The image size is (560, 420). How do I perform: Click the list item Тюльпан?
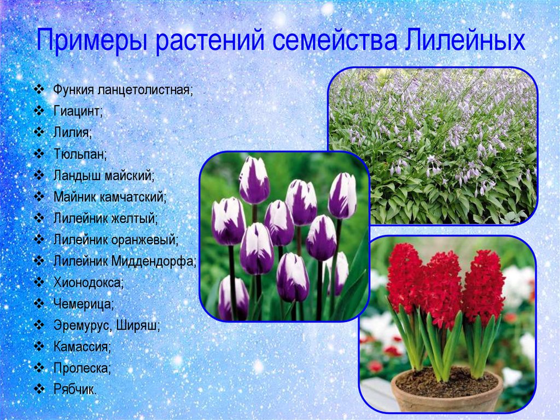coord(80,154)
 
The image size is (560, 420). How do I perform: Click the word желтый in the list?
coord(135,218)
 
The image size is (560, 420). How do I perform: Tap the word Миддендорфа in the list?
coord(154,262)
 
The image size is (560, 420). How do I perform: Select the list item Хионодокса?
coord(89,283)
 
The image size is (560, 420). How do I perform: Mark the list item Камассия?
coord(82,347)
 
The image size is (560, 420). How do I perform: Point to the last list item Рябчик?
coord(75,389)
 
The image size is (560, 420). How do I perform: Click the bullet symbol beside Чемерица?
coord(39,304)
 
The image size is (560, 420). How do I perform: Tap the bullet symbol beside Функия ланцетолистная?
coord(39,89)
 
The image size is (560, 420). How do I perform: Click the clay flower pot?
coord(447,389)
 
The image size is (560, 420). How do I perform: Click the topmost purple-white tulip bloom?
coord(254,180)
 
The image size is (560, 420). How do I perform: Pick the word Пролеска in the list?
coord(82,368)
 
